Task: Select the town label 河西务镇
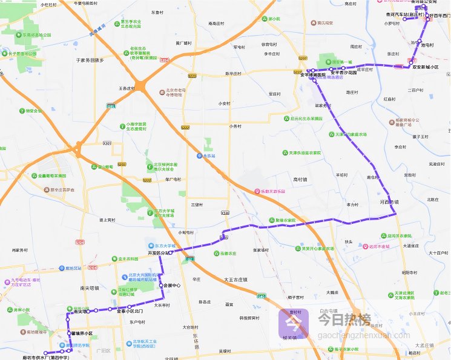pos(389,201)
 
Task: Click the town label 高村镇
pos(300,180)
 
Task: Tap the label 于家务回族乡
pos(90,60)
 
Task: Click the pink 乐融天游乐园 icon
pos(257,191)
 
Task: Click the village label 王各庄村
pos(130,88)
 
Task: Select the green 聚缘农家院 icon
pos(271,220)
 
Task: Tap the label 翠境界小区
pos(82,333)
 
